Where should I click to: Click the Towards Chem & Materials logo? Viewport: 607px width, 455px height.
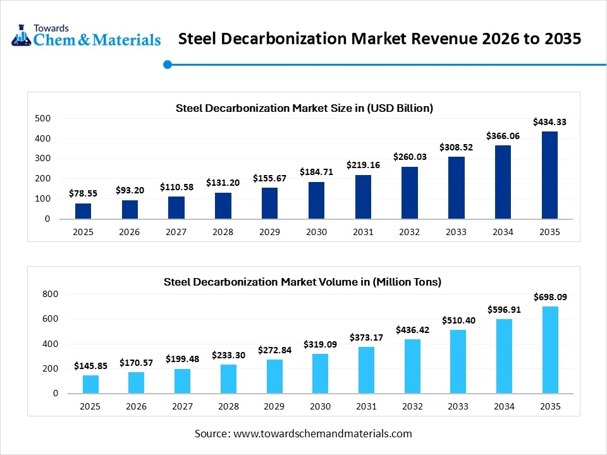tap(85, 37)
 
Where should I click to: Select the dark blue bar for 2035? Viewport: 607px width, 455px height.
tap(549, 175)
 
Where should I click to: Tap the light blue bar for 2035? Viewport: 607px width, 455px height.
tap(549, 349)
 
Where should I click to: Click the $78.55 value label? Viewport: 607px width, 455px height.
tap(83, 194)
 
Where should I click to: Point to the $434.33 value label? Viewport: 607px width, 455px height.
tap(549, 122)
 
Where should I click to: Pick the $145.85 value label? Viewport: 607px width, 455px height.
tap(90, 366)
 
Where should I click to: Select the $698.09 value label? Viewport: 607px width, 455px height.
tap(549, 296)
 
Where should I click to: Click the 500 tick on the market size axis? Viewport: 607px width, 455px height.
tap(42, 118)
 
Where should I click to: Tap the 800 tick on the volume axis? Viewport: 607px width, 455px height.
tap(50, 294)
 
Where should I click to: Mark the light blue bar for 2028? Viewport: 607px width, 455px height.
tap(229, 379)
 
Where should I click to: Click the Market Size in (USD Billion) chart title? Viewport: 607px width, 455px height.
tap(304, 108)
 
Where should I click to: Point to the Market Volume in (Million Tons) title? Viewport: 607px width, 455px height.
tap(302, 282)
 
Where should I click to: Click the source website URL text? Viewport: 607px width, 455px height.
tap(322, 434)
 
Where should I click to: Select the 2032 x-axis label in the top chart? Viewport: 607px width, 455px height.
tap(409, 232)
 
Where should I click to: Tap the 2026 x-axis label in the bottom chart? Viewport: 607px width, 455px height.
tap(136, 406)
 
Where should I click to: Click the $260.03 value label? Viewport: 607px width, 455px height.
tap(410, 157)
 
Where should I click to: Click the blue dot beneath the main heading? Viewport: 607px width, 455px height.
tap(168, 64)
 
